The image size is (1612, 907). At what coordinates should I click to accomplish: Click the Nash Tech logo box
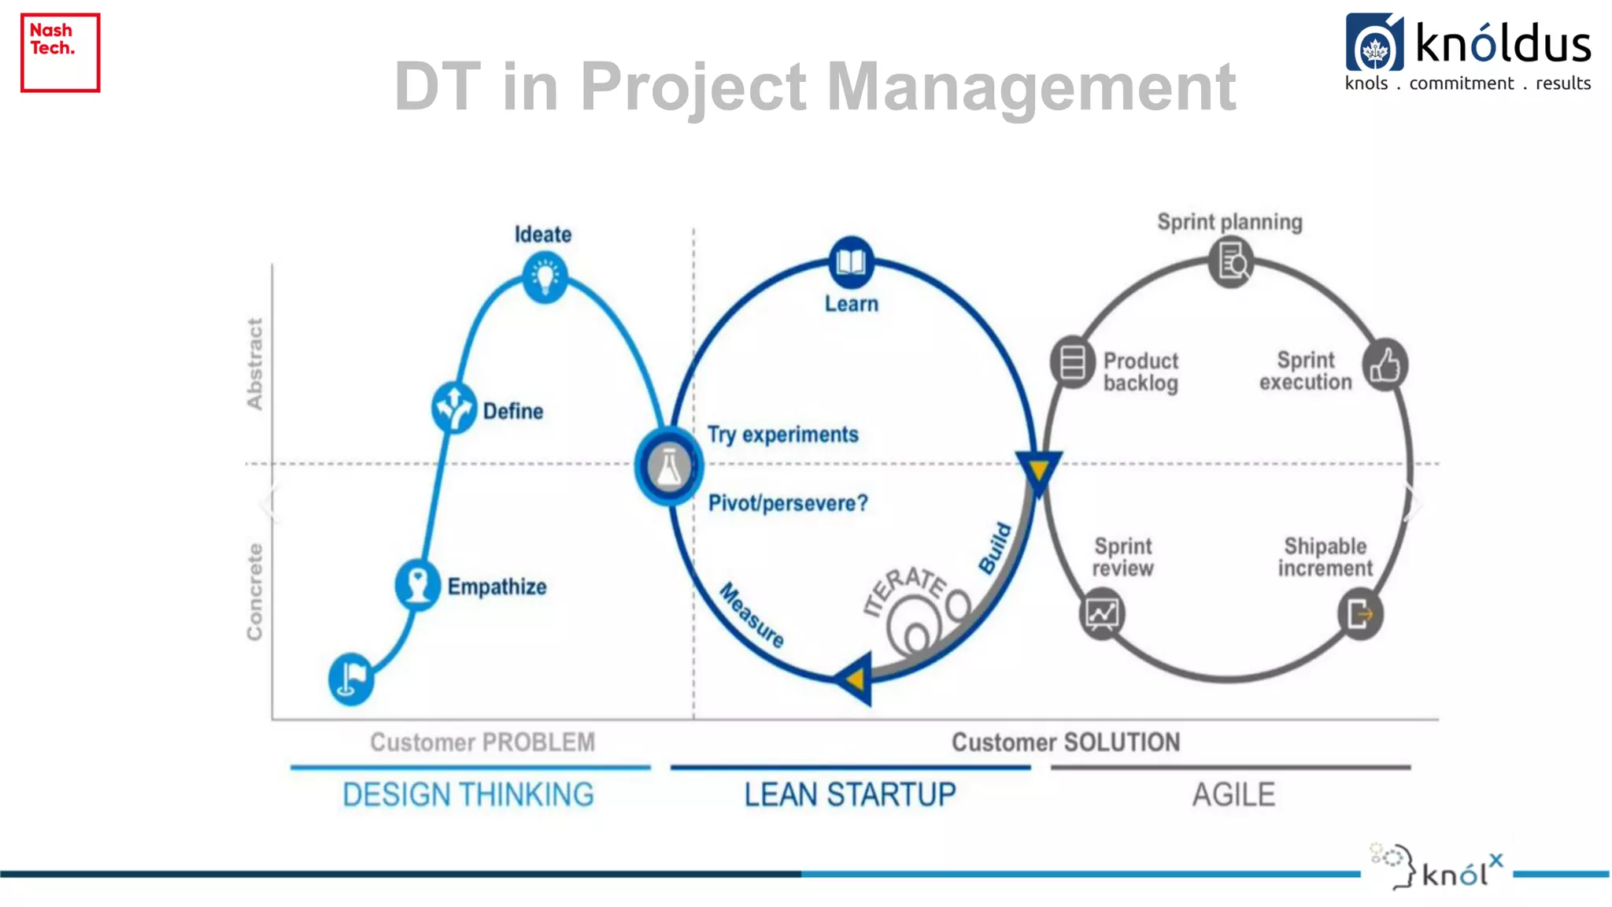click(60, 52)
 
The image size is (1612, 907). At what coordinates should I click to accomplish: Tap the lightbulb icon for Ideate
click(545, 277)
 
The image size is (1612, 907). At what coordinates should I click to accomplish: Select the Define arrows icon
click(454, 407)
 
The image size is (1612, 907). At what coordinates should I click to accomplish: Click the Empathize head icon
click(417, 585)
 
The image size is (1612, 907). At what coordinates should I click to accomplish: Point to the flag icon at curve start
click(351, 678)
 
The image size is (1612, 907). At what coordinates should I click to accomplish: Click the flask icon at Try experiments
click(668, 467)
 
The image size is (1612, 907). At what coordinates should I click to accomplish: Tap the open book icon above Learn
click(851, 261)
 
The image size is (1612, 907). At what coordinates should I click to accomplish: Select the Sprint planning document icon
click(1231, 262)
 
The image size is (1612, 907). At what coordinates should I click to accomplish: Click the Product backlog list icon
click(1072, 363)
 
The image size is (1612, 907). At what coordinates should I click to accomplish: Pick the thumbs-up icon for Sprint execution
click(1385, 365)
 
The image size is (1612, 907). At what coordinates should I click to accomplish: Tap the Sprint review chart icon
click(1102, 613)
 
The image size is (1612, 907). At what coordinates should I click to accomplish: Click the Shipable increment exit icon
click(1360, 614)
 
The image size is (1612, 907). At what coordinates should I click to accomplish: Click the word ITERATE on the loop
click(905, 588)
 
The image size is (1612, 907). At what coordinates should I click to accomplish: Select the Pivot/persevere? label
click(788, 503)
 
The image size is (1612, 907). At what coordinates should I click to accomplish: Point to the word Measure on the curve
click(752, 615)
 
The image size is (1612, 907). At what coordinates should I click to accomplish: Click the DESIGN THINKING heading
click(468, 794)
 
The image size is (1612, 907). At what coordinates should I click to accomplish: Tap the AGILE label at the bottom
click(1233, 794)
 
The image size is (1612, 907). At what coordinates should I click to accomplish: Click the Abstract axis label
click(254, 364)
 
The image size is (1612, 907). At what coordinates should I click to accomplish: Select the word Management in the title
click(1031, 87)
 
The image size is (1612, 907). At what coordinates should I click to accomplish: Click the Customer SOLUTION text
click(1066, 742)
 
